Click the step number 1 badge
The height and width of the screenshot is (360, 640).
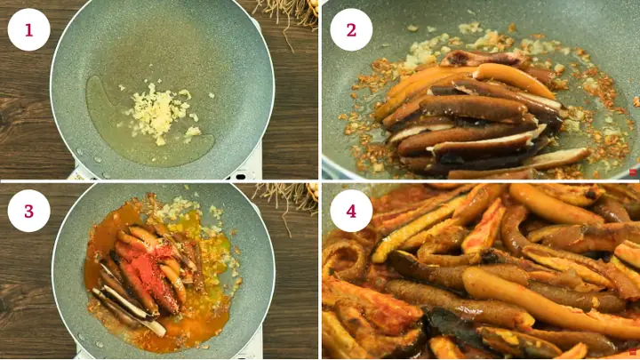28,29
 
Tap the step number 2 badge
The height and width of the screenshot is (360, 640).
351,29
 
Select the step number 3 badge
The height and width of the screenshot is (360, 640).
28,211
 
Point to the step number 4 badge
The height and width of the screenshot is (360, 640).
351,211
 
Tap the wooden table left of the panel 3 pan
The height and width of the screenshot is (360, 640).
22,293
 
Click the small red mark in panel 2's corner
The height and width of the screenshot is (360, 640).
633,172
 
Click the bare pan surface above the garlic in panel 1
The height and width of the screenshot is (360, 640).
160,44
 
